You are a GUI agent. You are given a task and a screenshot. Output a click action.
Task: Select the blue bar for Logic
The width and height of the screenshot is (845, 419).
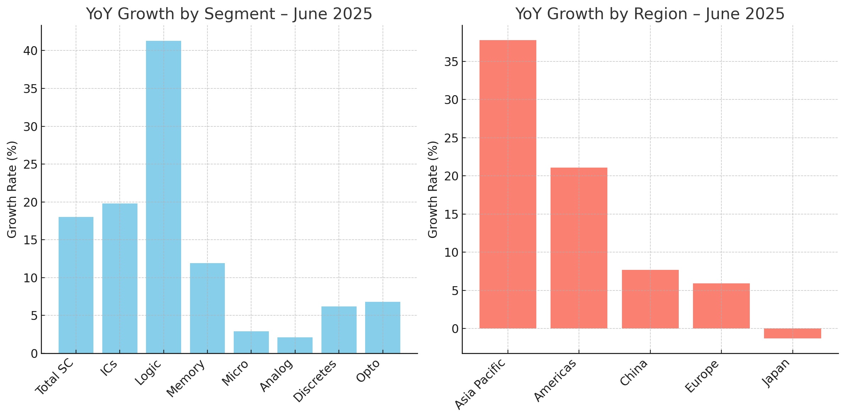(163, 197)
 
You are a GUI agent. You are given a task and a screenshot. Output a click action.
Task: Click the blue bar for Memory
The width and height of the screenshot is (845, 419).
(207, 308)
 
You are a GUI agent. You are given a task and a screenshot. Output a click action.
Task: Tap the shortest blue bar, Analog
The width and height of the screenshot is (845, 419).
(295, 345)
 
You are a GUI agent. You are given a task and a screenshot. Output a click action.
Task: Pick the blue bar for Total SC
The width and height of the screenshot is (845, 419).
(76, 285)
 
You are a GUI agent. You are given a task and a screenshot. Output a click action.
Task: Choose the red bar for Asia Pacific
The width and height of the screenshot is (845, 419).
(508, 184)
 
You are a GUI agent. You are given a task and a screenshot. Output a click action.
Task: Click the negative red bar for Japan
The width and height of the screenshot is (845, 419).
(792, 333)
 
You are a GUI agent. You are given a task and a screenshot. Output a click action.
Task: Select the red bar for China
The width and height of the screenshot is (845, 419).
(650, 299)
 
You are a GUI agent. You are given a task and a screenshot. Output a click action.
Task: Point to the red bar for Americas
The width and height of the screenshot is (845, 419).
(579, 248)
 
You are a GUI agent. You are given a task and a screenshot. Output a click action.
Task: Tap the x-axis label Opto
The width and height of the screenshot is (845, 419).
(368, 371)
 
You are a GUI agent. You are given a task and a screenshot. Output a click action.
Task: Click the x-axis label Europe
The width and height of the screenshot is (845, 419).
(702, 376)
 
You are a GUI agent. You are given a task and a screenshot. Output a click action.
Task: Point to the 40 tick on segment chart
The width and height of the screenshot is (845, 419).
(30, 51)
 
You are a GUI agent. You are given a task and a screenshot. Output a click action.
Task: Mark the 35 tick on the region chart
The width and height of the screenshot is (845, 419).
(451, 62)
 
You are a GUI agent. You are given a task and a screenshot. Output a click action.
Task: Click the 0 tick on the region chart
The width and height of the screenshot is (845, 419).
(455, 329)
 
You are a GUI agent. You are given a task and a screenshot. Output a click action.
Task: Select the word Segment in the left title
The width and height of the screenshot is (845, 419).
(239, 14)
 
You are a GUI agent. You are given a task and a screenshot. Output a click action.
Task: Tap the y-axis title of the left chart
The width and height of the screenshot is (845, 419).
(12, 189)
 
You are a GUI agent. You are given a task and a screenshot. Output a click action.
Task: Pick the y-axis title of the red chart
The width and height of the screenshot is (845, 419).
(433, 189)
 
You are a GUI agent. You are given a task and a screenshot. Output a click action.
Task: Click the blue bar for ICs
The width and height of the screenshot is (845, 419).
(120, 278)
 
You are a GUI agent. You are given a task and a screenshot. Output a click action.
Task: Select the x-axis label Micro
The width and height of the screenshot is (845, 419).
(235, 372)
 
